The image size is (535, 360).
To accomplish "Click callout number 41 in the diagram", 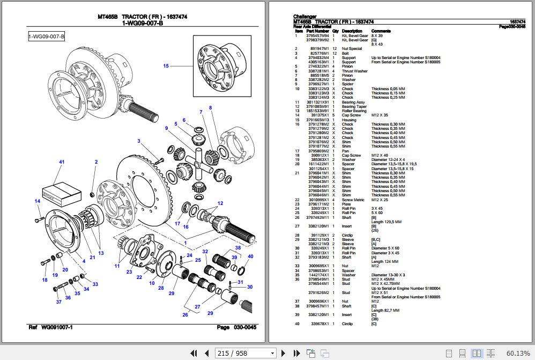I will [62, 162].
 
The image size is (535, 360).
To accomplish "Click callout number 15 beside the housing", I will [166, 66].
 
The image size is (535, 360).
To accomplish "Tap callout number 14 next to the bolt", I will [38, 201].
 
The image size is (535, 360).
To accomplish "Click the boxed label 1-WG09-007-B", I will [47, 36].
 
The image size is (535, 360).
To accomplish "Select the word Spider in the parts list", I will [347, 84].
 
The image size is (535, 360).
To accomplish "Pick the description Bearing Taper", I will [354, 106].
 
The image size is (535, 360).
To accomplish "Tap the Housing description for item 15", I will [349, 120].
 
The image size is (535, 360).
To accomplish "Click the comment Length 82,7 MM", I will [386, 311].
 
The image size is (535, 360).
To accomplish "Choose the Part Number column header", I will [318, 31].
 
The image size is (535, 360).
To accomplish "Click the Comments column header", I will [381, 31].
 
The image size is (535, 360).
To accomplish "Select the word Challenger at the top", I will [304, 17].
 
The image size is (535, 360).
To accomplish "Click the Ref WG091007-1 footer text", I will [50, 327].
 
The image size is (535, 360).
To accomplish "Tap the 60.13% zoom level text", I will [517, 353].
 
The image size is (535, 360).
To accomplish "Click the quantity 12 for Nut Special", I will [335, 49].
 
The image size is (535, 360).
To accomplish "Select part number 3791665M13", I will [318, 120].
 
